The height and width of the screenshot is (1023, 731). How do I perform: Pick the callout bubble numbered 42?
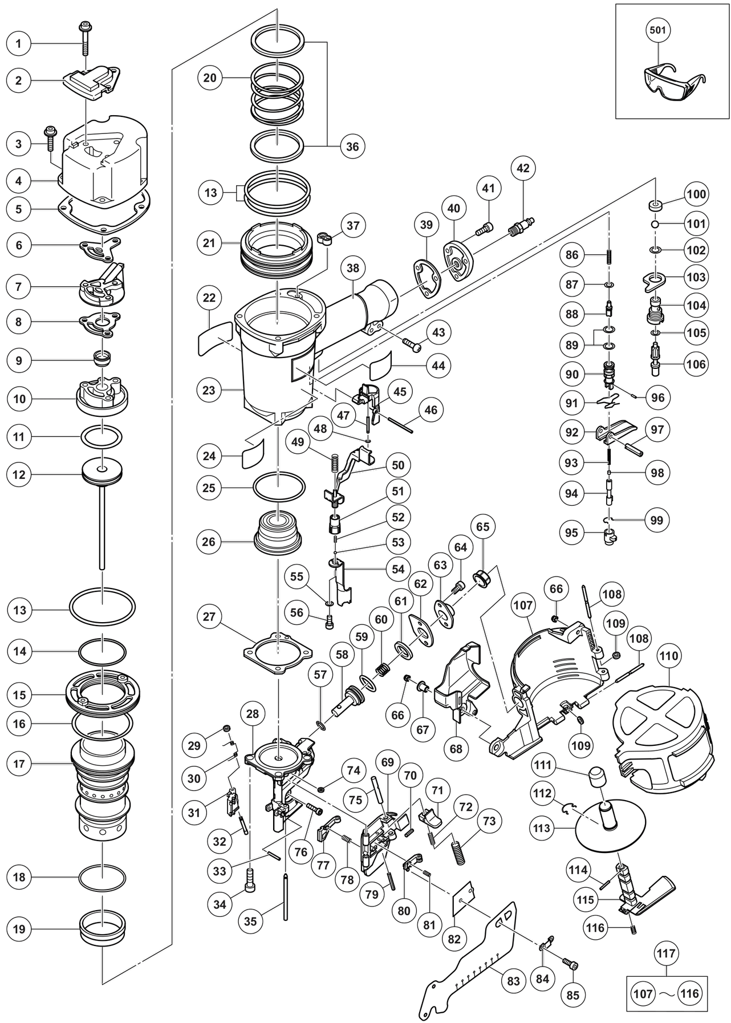pos(523,169)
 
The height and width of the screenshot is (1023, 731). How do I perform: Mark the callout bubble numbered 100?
pos(696,194)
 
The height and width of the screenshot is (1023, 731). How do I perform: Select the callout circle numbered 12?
pos(19,474)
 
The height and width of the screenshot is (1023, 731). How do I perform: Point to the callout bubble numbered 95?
pos(571,533)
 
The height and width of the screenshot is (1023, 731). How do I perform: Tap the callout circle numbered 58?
pos(342,655)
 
